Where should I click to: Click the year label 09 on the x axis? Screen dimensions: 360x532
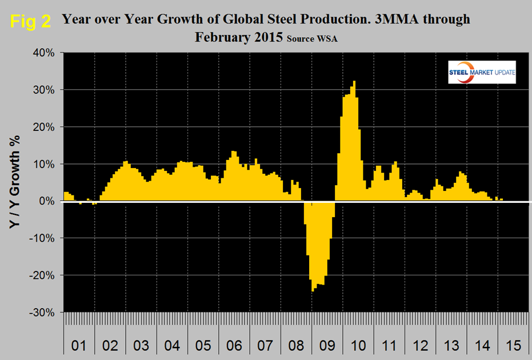tap(327, 346)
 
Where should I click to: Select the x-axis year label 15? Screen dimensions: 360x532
tap(511, 346)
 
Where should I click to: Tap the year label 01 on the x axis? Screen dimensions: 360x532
tap(79, 346)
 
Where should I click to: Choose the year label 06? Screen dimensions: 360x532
tap(234, 346)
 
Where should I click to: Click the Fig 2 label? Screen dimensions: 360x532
tap(30, 21)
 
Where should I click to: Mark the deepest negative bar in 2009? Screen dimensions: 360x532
tap(313, 246)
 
